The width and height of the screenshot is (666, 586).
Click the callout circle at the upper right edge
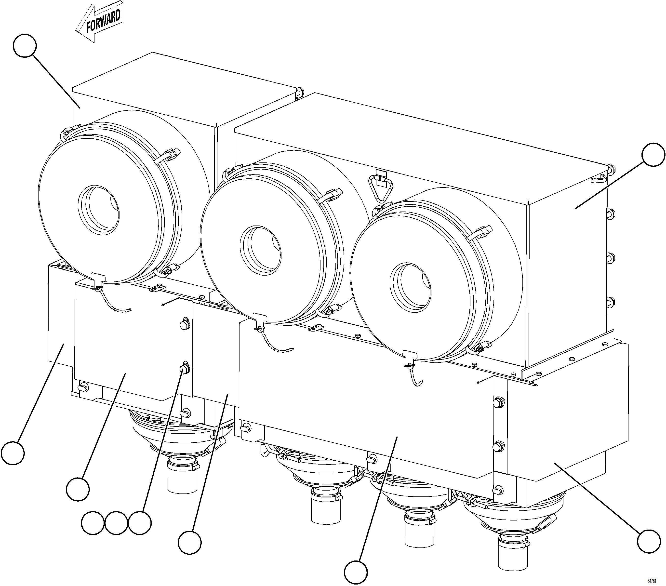click(x=653, y=155)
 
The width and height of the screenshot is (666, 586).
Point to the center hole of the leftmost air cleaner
click(x=99, y=210)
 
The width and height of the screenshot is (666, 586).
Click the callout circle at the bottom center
click(x=356, y=572)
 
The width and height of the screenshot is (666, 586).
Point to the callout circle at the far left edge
click(x=12, y=453)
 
